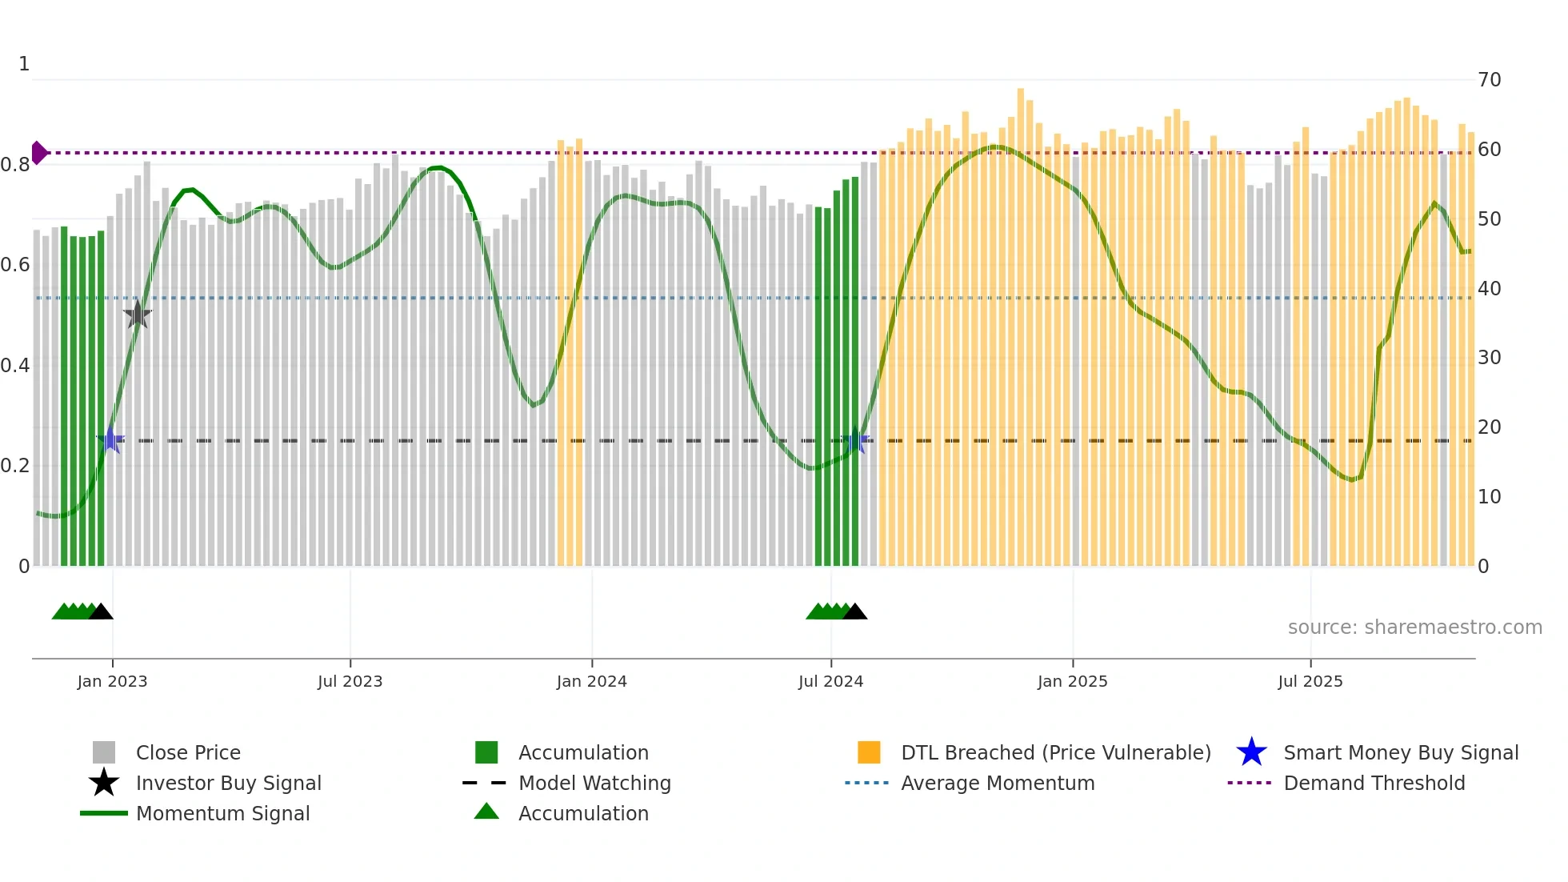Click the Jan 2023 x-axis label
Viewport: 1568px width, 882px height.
[x=112, y=681]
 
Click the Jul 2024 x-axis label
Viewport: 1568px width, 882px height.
[x=830, y=681]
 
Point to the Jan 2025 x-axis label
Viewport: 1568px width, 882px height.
[x=1072, y=681]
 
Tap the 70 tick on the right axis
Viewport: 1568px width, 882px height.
[x=1489, y=80]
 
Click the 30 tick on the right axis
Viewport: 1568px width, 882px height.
[x=1489, y=358]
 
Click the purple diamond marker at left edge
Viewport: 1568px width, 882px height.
[x=38, y=152]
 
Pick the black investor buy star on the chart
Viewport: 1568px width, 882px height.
[x=138, y=315]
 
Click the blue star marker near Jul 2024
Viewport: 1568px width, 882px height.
[x=856, y=440]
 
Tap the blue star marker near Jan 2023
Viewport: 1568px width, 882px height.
[x=111, y=440]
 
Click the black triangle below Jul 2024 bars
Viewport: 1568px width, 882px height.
[x=854, y=612]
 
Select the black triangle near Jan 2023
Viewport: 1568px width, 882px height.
[x=101, y=612]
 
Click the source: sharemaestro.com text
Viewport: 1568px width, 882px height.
[x=1414, y=627]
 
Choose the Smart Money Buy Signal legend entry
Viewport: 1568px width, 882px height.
[x=1400, y=752]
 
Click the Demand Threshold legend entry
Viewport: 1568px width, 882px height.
[x=1374, y=783]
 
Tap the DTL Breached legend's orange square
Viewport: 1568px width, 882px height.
[x=869, y=752]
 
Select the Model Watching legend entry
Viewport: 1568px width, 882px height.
[x=594, y=783]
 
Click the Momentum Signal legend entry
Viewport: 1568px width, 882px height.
[x=222, y=813]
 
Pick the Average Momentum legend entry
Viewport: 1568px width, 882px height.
[x=997, y=783]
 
